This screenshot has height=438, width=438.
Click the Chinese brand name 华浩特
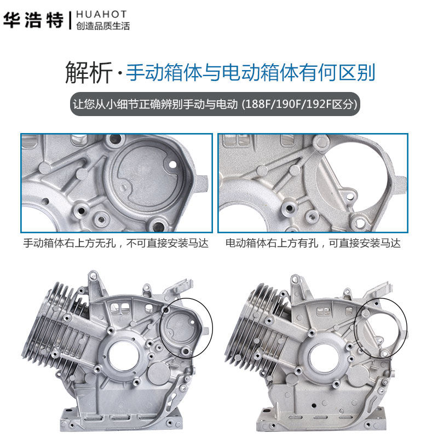(x=34, y=20)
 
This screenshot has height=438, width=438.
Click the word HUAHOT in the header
(x=102, y=14)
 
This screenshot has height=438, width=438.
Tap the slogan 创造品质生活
(x=103, y=26)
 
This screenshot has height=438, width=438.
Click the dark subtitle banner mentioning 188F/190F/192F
(x=216, y=104)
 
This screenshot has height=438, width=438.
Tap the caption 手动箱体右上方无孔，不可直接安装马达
(x=116, y=243)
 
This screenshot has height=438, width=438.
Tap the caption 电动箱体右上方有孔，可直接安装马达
(x=313, y=243)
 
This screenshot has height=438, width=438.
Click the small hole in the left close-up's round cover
(x=172, y=164)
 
